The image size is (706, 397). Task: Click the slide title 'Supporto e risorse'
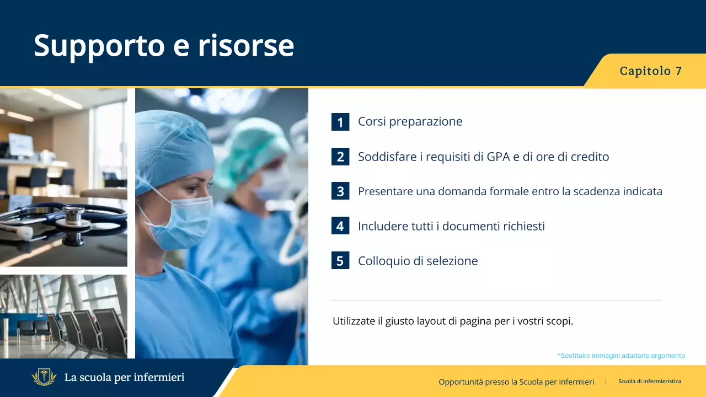pos(164,45)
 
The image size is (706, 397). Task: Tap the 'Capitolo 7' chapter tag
pos(651,71)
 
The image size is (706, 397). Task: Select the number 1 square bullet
pos(340,122)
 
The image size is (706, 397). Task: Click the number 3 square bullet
pos(340,191)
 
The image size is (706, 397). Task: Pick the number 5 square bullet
pos(340,261)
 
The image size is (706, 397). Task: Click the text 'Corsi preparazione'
pos(410,121)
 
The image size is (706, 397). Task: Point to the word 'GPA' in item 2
pos(499,157)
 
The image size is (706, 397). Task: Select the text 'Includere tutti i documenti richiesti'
pos(451,226)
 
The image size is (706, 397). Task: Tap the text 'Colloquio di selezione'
pos(418,261)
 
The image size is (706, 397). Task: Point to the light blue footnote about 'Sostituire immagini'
pos(621,356)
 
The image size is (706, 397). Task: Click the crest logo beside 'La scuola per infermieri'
pos(44,378)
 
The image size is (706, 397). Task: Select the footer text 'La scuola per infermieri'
pos(124,378)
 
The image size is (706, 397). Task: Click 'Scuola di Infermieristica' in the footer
pos(649,382)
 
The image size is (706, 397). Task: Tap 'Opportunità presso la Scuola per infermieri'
pos(516,382)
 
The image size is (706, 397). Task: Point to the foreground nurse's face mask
pos(184,220)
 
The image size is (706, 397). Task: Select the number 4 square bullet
pos(340,226)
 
